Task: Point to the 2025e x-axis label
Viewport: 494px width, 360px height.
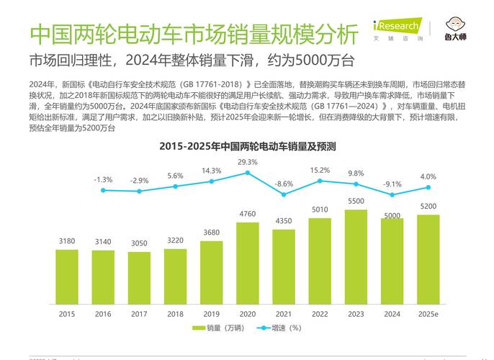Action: pyautogui.click(x=428, y=313)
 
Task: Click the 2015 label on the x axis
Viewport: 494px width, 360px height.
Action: pyautogui.click(x=67, y=313)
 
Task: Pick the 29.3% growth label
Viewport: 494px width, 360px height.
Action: pyautogui.click(x=248, y=162)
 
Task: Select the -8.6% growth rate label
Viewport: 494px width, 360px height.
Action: pyautogui.click(x=284, y=184)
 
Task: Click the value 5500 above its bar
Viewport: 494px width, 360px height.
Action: pyautogui.click(x=355, y=202)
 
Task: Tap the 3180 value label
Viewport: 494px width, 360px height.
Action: pyautogui.click(x=67, y=241)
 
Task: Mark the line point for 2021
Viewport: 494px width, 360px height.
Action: pyautogui.click(x=284, y=194)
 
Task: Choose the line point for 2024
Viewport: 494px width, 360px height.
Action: pyautogui.click(x=392, y=195)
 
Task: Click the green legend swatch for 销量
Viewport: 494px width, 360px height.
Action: pyautogui.click(x=199, y=328)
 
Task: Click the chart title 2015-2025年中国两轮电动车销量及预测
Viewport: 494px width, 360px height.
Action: pyautogui.click(x=248, y=146)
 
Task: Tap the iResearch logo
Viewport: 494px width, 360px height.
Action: pyautogui.click(x=395, y=28)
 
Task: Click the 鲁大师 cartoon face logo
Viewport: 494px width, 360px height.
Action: pyautogui.click(x=454, y=24)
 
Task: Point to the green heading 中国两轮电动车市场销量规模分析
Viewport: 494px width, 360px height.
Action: pyautogui.click(x=194, y=33)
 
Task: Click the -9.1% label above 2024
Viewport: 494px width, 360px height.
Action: pyautogui.click(x=392, y=184)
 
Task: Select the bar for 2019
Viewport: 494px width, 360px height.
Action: pyautogui.click(x=211, y=271)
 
